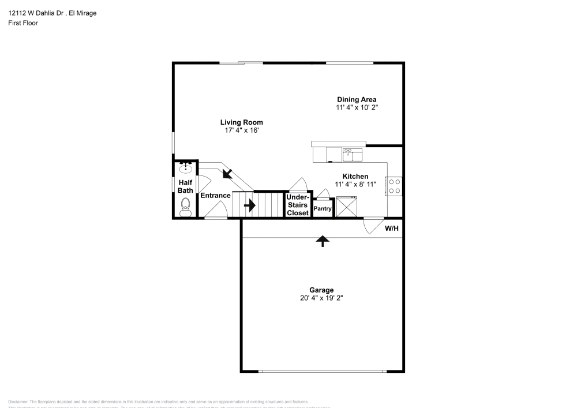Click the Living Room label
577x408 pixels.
(x=241, y=122)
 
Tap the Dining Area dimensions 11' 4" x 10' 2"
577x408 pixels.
(x=357, y=107)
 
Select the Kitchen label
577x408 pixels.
(x=355, y=177)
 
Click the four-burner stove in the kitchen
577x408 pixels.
(x=395, y=185)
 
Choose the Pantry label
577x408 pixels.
(x=323, y=209)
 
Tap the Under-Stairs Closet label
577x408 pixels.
(x=298, y=205)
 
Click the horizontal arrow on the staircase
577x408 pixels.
(x=250, y=205)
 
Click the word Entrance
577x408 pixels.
(x=215, y=196)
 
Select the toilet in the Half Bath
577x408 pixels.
(x=185, y=207)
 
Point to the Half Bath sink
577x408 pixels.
(x=186, y=169)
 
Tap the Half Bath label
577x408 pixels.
(x=185, y=186)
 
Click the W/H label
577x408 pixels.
(x=392, y=229)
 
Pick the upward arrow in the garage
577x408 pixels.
(x=322, y=241)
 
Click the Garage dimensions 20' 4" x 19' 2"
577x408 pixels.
(x=321, y=298)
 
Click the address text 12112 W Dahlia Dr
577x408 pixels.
(x=35, y=13)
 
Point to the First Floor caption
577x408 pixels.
(x=23, y=23)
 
